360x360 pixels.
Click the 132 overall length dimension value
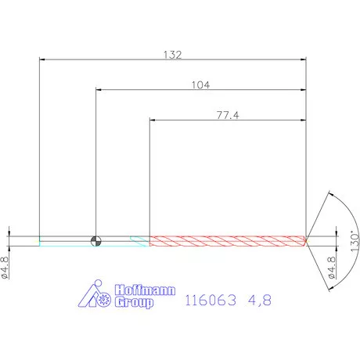point(172,55)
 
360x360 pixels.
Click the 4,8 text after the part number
point(259,300)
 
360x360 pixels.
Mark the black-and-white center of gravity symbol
point(95,240)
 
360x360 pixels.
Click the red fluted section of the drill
point(227,240)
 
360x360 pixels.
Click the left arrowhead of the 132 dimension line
point(42,59)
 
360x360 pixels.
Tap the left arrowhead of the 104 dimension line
point(99,89)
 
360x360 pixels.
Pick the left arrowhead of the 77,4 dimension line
point(153,119)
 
